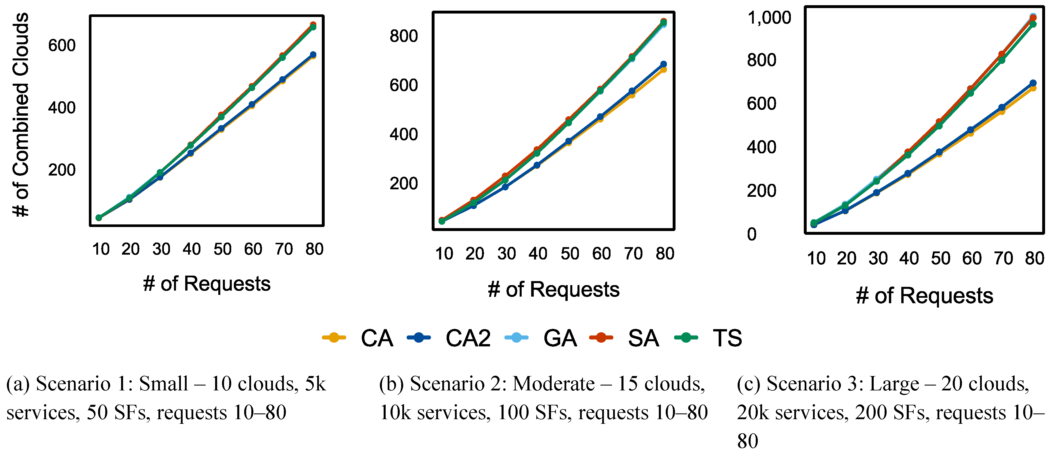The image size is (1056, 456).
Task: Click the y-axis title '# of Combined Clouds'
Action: point(20,115)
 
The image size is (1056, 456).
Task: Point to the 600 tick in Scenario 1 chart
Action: point(62,45)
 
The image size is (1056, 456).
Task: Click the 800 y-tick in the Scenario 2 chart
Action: point(403,36)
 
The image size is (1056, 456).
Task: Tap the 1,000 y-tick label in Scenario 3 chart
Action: point(769,18)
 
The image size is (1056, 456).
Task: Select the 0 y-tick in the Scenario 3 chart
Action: point(751,234)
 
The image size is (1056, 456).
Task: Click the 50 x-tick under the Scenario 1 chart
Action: point(223,249)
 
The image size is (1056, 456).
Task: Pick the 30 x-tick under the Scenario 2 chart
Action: point(506,254)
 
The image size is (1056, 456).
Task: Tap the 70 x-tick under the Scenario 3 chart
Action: point(1003,258)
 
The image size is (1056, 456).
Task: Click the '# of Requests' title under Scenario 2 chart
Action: point(553,289)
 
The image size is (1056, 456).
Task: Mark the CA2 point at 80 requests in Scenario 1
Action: point(313,55)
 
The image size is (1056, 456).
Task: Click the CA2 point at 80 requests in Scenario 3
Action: point(1033,83)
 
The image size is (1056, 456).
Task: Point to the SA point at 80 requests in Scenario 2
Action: point(663,21)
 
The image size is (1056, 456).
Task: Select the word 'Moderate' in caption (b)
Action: point(553,384)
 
